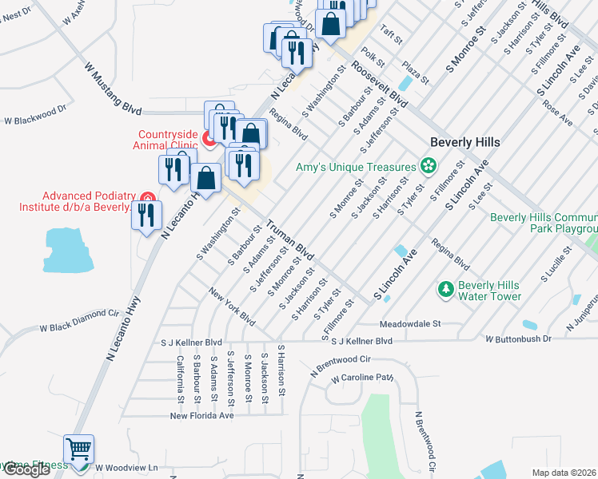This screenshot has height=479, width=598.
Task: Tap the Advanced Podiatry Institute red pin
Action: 146,198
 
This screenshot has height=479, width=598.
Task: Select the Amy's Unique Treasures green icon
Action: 429,166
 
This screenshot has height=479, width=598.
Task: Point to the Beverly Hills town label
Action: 464,142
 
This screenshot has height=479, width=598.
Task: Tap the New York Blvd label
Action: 232,308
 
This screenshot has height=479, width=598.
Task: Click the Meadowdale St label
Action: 410,324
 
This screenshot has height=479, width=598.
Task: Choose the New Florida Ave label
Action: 202,415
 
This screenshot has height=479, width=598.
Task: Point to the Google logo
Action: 26,470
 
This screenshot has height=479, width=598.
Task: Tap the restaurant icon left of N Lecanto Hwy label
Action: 146,217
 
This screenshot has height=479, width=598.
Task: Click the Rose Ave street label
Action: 557,113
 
